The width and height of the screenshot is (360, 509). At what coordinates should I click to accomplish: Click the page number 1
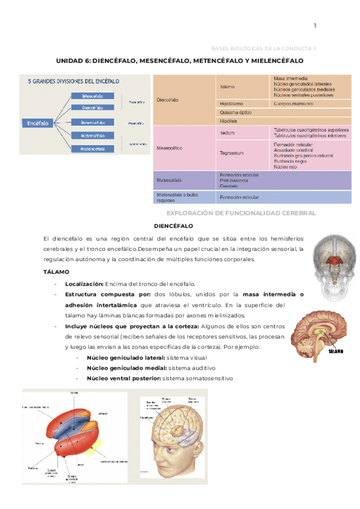tap(314, 25)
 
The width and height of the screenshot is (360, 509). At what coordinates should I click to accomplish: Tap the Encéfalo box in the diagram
tap(38, 123)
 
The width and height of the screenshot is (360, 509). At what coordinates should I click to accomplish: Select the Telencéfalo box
tap(93, 95)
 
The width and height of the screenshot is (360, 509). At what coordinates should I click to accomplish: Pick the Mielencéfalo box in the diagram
tap(93, 148)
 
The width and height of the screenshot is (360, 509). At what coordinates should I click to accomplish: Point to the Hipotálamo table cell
tap(232, 104)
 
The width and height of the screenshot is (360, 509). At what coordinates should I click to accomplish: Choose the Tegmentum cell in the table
tap(232, 153)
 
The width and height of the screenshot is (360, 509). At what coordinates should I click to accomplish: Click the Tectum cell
tap(227, 133)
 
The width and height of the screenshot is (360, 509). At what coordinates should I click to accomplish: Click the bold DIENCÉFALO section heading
tap(173, 226)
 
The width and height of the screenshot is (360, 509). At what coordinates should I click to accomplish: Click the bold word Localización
tap(84, 283)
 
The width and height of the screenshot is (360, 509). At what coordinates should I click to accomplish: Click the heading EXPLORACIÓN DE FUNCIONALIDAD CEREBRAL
tap(241, 213)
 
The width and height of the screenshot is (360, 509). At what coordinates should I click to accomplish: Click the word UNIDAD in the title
tap(71, 61)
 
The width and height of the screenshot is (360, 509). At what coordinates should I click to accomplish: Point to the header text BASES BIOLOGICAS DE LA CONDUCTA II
tap(268, 47)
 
